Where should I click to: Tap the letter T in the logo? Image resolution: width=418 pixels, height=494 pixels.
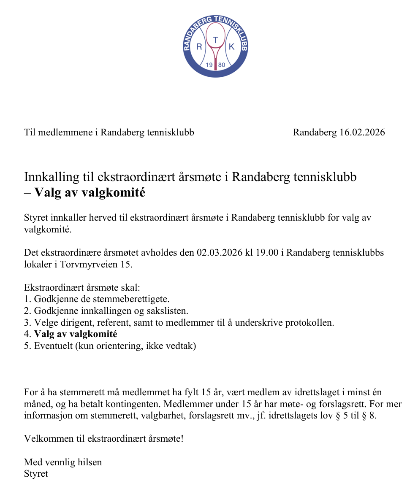click(x=216, y=40)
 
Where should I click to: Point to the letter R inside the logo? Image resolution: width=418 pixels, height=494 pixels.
click(x=199, y=47)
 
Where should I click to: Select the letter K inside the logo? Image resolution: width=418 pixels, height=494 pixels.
click(x=231, y=47)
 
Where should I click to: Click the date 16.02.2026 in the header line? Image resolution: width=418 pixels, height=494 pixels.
click(x=362, y=132)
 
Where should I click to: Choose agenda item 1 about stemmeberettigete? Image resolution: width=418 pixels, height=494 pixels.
click(x=97, y=300)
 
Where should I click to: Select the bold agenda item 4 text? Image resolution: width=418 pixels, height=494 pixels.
click(x=76, y=335)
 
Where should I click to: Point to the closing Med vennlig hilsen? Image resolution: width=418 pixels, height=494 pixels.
click(x=63, y=462)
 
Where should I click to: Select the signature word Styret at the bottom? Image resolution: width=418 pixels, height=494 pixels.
click(x=36, y=473)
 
